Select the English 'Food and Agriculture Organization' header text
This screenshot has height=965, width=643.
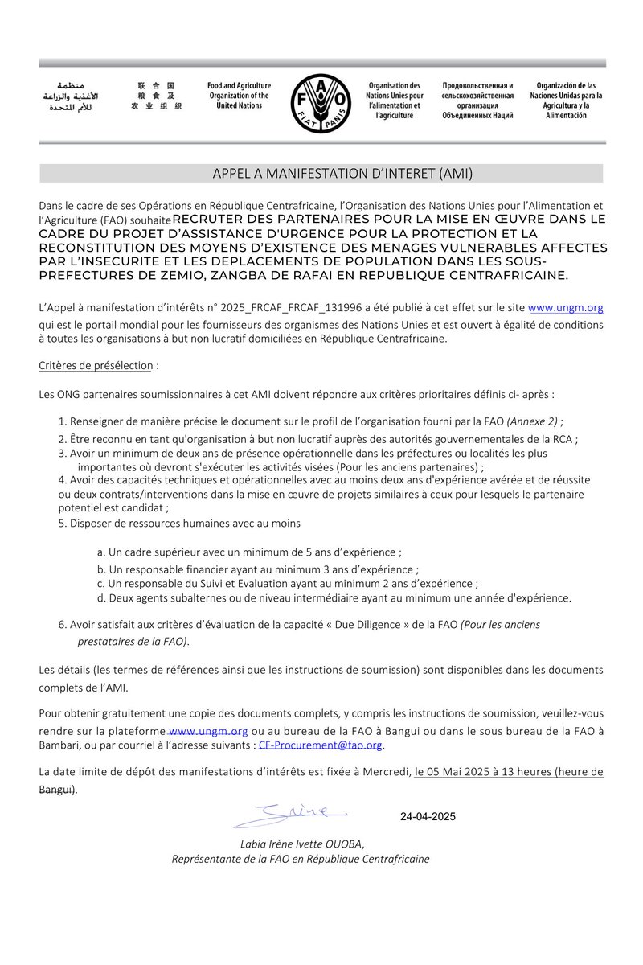[x=239, y=96]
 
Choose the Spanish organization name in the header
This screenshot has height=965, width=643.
[x=566, y=101]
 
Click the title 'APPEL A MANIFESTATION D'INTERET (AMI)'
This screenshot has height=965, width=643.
[x=321, y=174]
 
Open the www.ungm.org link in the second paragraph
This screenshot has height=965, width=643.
[x=565, y=307]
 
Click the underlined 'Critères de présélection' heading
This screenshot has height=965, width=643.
[x=95, y=365]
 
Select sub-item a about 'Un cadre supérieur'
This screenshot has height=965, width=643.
[x=249, y=552]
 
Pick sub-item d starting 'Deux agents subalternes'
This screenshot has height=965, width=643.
[x=334, y=598]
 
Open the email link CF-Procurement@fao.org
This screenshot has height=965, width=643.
[x=320, y=745]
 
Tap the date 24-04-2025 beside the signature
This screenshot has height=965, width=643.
[x=428, y=817]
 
